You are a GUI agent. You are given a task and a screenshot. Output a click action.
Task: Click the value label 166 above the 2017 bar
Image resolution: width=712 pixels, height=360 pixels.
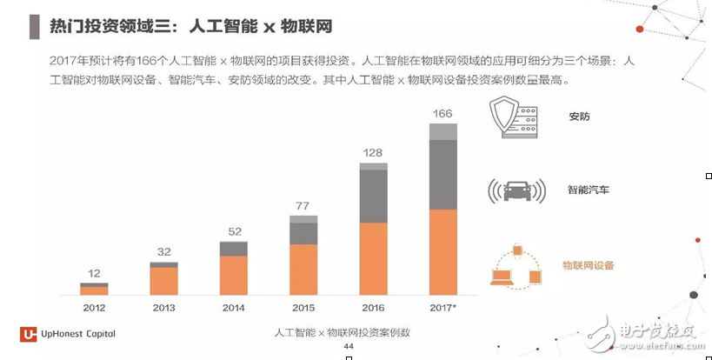click(443, 114)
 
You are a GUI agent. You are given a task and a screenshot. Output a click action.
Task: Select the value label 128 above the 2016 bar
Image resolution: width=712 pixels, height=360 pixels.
click(373, 153)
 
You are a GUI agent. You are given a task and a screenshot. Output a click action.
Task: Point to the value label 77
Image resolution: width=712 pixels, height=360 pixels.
click(303, 206)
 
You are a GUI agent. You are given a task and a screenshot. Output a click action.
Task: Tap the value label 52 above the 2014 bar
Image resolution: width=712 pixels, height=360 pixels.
click(233, 231)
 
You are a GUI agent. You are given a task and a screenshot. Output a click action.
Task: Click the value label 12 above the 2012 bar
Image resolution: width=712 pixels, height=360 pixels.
click(94, 273)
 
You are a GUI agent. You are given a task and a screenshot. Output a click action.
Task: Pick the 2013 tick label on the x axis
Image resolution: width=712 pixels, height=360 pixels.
click(163, 308)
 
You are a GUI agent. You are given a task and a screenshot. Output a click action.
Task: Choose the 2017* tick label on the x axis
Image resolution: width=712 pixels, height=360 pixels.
click(443, 308)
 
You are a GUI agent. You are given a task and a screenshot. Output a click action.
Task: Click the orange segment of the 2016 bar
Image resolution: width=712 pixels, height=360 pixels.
click(373, 258)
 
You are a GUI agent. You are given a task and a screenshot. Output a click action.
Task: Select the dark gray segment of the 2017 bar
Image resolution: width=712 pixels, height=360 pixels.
click(443, 174)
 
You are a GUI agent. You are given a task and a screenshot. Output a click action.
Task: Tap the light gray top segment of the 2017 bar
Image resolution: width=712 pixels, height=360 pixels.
click(443, 131)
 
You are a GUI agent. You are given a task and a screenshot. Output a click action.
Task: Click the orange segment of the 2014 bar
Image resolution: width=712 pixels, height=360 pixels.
click(233, 275)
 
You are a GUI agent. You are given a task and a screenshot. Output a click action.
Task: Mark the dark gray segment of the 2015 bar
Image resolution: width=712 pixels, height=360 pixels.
click(303, 233)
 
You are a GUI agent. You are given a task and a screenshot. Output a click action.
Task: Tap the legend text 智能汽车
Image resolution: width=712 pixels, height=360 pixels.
click(588, 189)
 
